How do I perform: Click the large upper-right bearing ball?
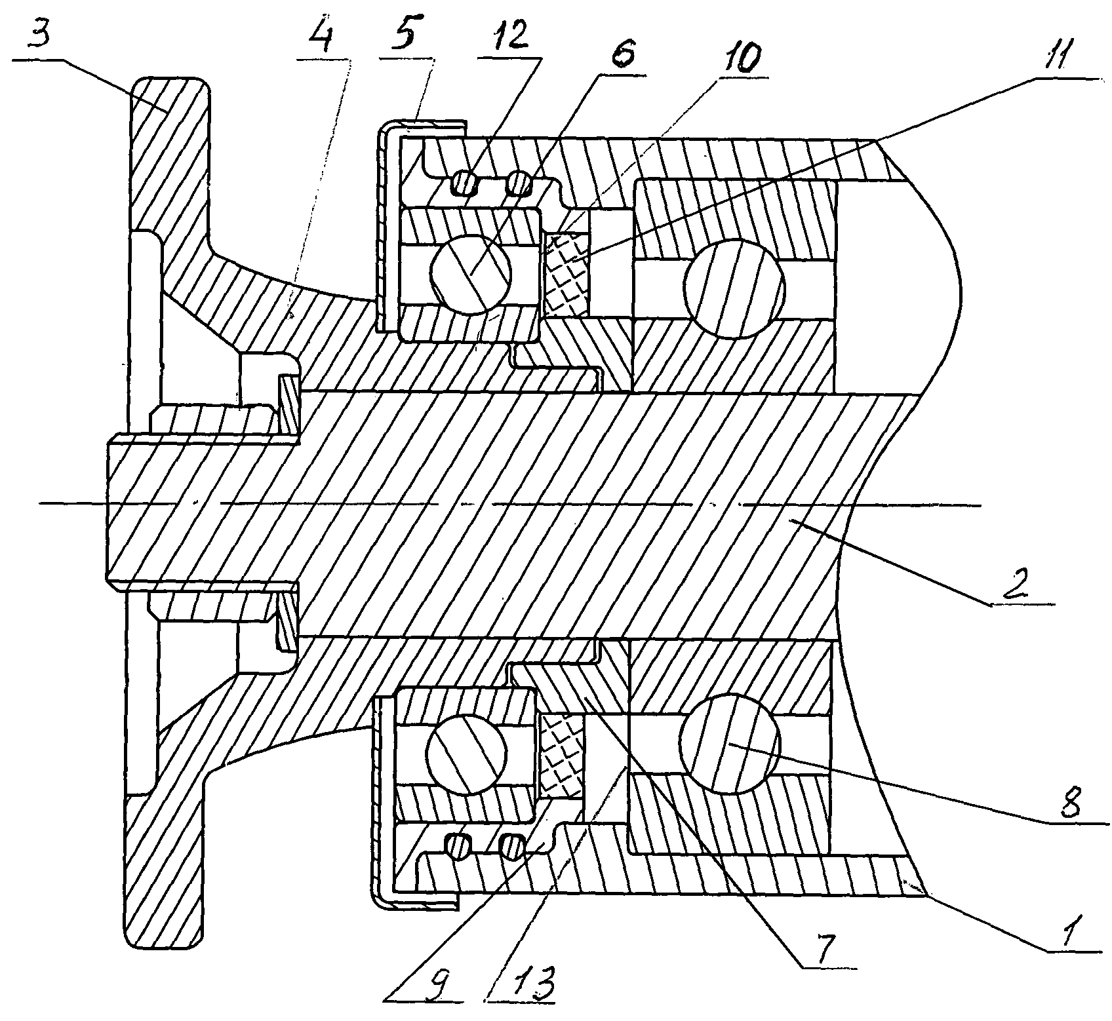tap(734, 287)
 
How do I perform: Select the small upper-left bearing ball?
tap(470, 274)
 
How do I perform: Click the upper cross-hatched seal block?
tap(568, 275)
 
